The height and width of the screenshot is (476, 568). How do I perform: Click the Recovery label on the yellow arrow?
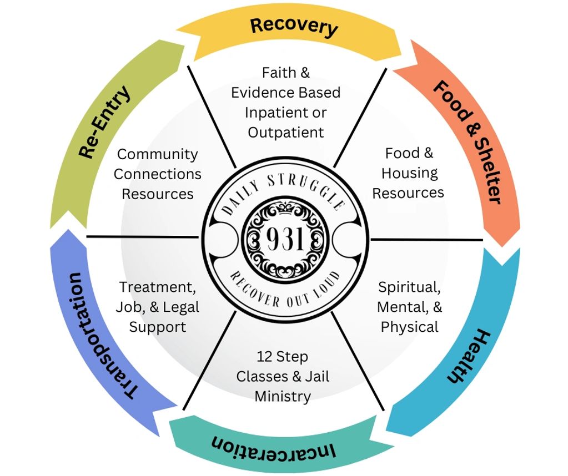pyautogui.click(x=293, y=26)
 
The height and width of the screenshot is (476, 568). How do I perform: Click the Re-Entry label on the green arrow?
pyautogui.click(x=105, y=123)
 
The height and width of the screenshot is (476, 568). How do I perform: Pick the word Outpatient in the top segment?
pyautogui.click(x=285, y=132)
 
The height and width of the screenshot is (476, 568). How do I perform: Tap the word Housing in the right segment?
pyautogui.click(x=409, y=173)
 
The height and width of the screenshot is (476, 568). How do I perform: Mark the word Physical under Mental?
pyautogui.click(x=409, y=327)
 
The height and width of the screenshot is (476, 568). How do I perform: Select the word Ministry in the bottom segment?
pyautogui.click(x=283, y=396)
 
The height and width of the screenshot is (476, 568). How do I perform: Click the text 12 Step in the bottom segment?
pyautogui.click(x=282, y=356)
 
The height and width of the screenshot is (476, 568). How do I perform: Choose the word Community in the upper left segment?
pyautogui.click(x=157, y=154)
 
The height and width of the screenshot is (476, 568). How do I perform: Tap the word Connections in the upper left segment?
pyautogui.click(x=157, y=174)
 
